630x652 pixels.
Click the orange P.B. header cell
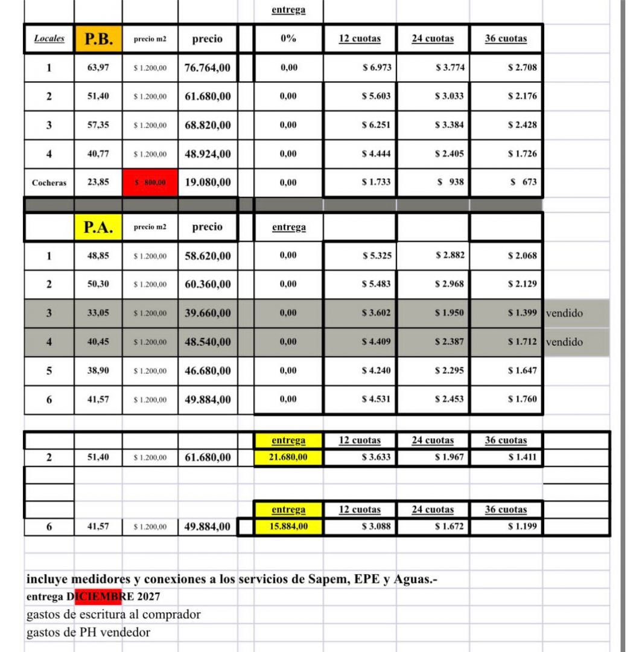pos(98,39)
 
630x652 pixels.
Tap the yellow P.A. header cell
pos(98,227)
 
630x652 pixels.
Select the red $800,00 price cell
pos(150,182)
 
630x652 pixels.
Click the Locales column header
pos(49,39)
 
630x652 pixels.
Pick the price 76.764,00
pos(208,68)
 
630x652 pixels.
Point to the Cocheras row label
pos(49,182)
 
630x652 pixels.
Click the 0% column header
pos(288,39)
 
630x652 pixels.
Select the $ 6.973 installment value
pos(377,68)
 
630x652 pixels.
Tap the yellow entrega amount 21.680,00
pos(288,458)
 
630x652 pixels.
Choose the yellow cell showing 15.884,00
pos(288,527)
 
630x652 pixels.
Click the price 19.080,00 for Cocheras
pos(208,182)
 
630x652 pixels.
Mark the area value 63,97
pos(98,68)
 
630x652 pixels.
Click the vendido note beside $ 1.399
pos(564,313)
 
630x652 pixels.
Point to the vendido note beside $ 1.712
pos(564,342)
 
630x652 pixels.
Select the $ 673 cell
pos(523,182)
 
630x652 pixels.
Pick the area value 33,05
pos(98,313)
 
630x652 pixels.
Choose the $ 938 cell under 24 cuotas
pos(451,182)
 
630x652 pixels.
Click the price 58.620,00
pos(208,256)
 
